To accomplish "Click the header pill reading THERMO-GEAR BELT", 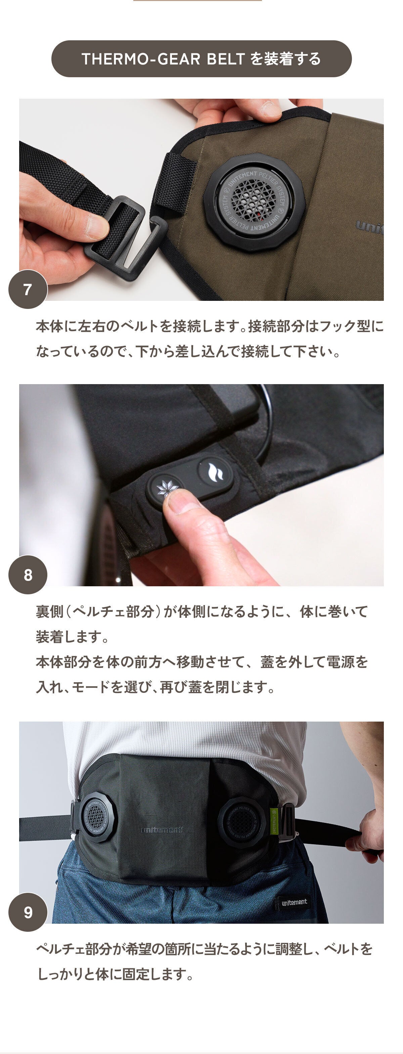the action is (201, 58).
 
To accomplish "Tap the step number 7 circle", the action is (28, 289).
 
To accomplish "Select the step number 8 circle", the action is (28, 575).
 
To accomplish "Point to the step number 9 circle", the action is (28, 912).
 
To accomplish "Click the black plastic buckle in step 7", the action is (123, 237).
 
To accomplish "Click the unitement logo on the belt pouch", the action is (162, 830).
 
